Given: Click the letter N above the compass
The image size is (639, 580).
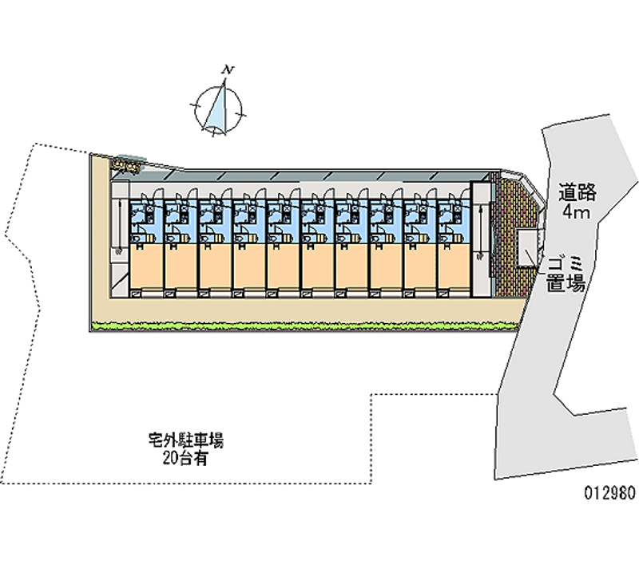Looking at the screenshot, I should (228, 71).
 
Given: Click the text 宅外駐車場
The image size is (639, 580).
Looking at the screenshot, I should (185, 440).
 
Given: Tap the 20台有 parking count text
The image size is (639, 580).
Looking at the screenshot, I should (185, 458).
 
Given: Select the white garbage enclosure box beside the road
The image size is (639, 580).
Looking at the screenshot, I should (527, 249).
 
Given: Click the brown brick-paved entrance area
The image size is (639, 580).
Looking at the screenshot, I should (510, 239).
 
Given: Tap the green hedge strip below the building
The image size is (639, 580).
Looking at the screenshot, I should (304, 325).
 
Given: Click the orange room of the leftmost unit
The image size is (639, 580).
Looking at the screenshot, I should (145, 268).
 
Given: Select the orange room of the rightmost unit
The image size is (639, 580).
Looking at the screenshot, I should (454, 268).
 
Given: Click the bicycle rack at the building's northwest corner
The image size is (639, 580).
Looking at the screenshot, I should (126, 166).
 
